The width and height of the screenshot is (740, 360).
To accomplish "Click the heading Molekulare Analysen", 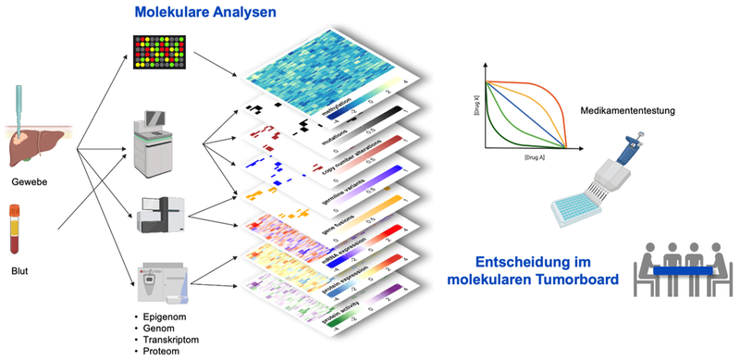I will pyautogui.click(x=204, y=12).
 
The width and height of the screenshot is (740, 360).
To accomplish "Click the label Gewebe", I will pyautogui.click(x=32, y=183).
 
